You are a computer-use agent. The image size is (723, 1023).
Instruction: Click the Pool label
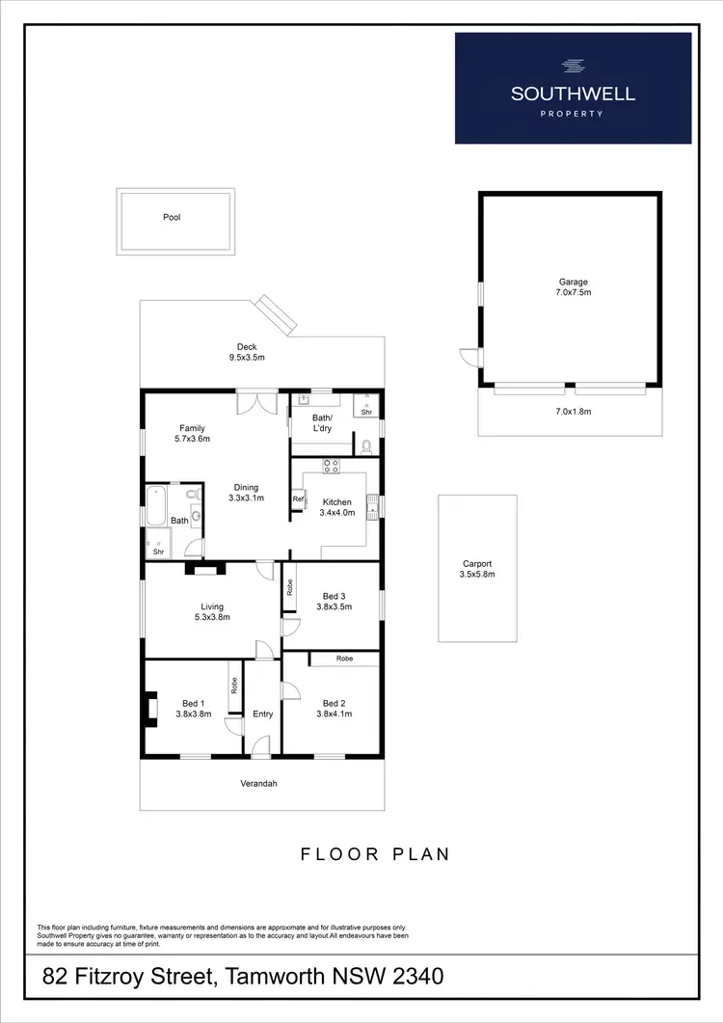[x=172, y=218]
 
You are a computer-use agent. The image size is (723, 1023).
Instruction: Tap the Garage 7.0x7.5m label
[x=573, y=287]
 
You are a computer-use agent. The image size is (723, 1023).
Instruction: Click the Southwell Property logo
[x=573, y=88]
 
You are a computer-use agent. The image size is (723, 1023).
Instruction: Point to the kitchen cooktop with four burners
[x=333, y=466]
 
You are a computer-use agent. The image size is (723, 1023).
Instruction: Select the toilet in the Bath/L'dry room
[x=367, y=445]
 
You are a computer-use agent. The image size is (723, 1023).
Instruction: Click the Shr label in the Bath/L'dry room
[x=366, y=412]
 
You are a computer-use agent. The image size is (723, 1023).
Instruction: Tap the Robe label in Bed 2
[x=344, y=659]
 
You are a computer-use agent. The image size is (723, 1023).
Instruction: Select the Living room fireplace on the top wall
[x=204, y=569]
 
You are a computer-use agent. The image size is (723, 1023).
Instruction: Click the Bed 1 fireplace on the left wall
[x=149, y=708]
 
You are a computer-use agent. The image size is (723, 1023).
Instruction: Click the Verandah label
[x=259, y=784]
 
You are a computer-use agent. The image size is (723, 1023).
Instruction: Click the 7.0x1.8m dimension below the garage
[x=573, y=411]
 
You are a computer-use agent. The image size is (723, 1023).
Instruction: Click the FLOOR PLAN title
[x=375, y=853]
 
